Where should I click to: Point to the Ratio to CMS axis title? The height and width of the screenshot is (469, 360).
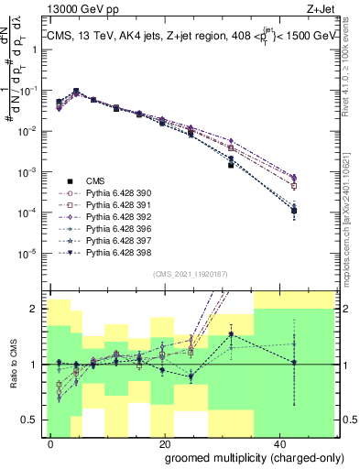tap(12, 364)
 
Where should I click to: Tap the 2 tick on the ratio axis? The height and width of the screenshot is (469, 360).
tap(36, 309)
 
